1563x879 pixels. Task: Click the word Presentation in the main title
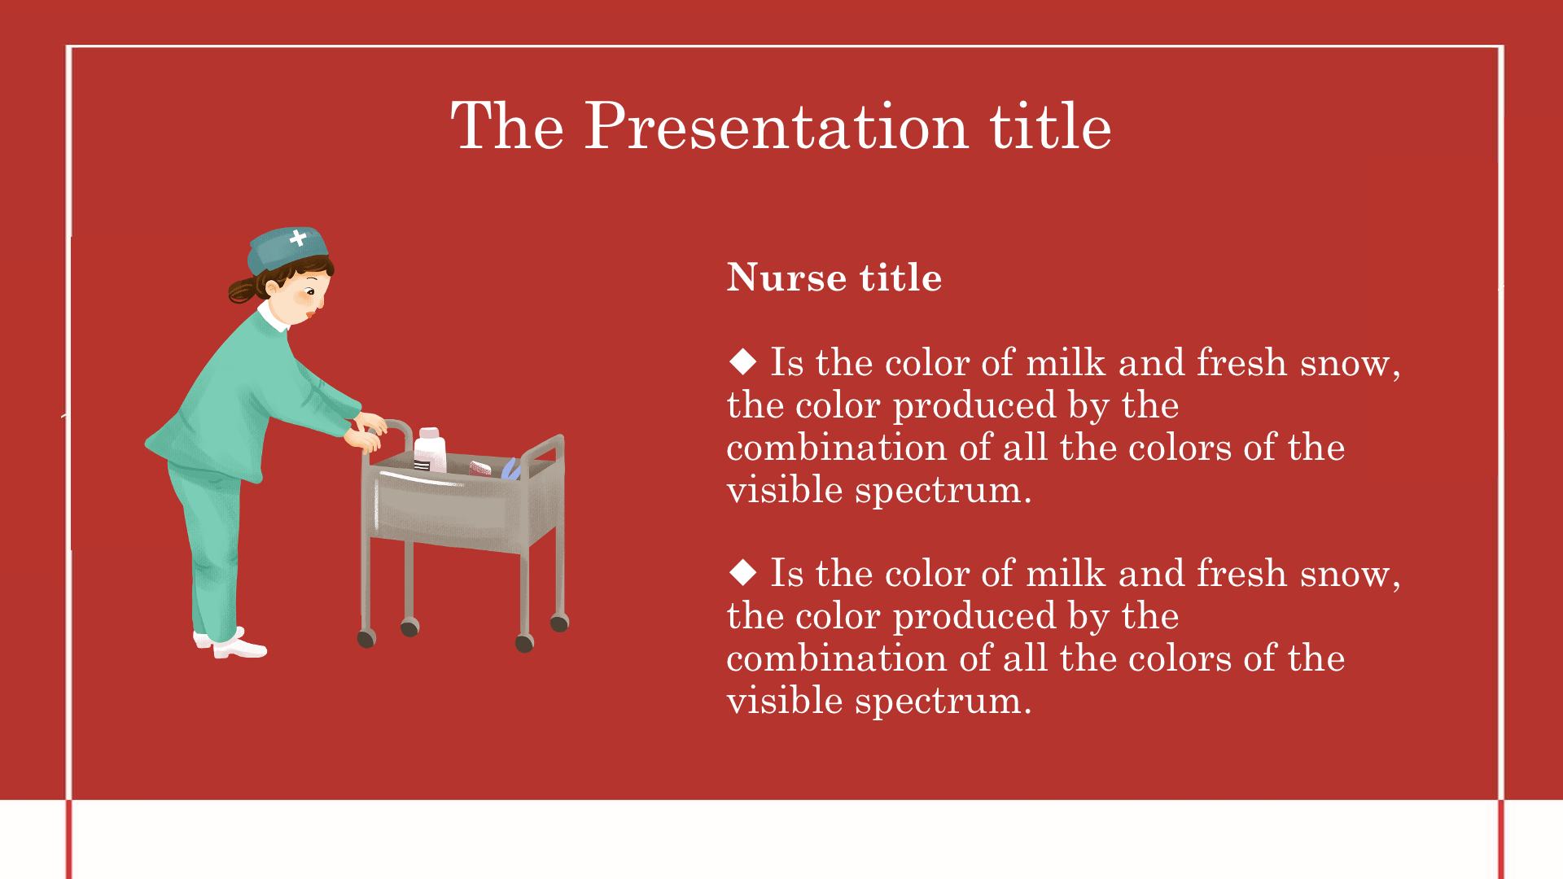click(x=777, y=127)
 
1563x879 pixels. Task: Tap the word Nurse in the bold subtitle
click(x=787, y=278)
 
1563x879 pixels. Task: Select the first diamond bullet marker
click(x=743, y=361)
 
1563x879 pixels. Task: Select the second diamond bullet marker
click(x=743, y=571)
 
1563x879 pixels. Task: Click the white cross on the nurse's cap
click(x=298, y=238)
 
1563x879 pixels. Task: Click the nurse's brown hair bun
click(x=243, y=290)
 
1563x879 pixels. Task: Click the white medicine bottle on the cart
click(x=430, y=450)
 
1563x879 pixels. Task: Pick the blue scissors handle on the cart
click(x=510, y=469)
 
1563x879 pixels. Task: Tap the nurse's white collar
click(x=273, y=317)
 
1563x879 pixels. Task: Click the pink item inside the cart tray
click(x=479, y=468)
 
